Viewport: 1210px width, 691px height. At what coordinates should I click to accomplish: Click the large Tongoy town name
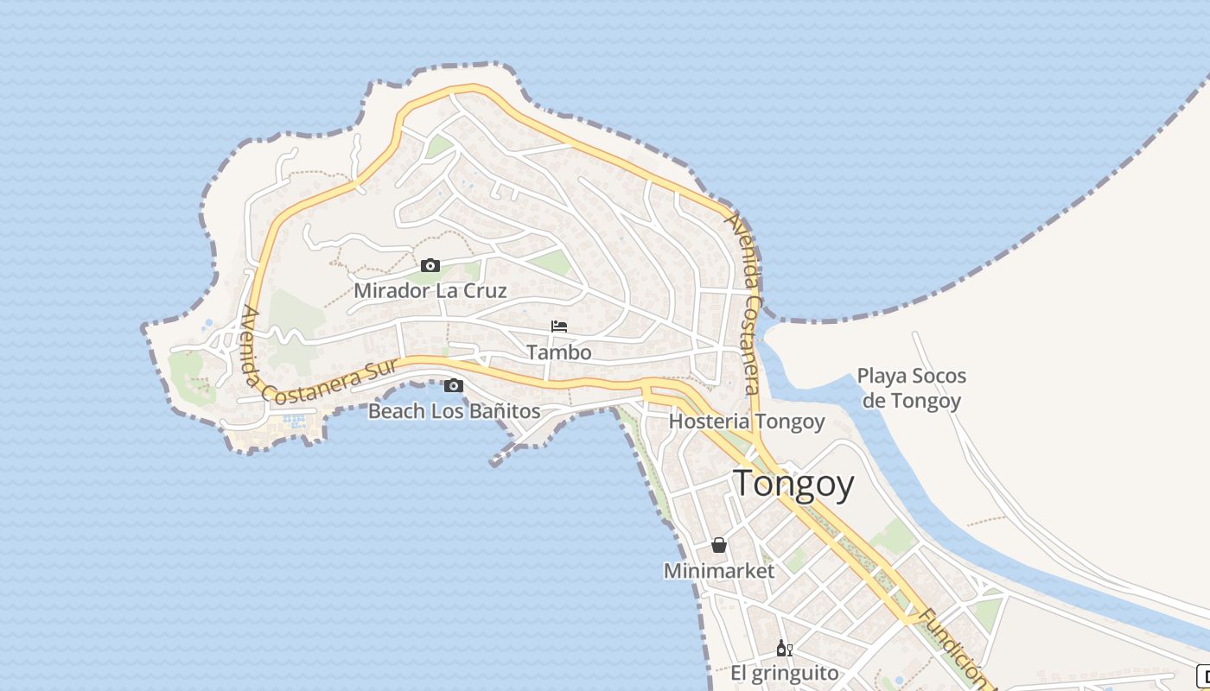[x=793, y=485]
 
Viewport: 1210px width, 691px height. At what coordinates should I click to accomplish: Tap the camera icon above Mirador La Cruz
[x=430, y=265]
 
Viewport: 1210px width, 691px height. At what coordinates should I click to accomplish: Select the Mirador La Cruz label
[x=430, y=290]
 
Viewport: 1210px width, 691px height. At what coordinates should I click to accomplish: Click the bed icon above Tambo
[x=559, y=326]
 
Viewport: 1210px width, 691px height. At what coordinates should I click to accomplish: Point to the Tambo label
[x=559, y=352]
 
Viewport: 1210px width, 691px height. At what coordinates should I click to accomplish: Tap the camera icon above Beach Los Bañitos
[x=454, y=385]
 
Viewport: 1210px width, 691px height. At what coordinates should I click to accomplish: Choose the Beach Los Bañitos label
[x=455, y=411]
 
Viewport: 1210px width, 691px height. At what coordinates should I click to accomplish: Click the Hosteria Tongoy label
[x=747, y=422]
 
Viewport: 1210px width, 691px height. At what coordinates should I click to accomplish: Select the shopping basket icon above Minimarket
[x=718, y=545]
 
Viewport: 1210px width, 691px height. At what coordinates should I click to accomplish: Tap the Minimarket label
[x=719, y=571]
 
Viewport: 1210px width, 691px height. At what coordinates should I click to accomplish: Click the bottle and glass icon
[x=784, y=648]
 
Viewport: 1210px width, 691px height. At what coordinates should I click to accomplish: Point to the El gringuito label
[x=785, y=674]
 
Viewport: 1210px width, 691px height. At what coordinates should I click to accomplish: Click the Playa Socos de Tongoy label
[x=911, y=389]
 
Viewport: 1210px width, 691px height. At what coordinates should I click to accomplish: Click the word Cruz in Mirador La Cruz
[x=485, y=290]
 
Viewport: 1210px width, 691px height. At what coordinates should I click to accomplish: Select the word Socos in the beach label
[x=937, y=377]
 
